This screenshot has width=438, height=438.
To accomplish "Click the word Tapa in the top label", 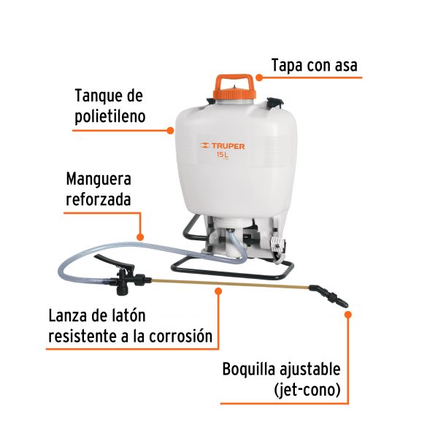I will point(286,65).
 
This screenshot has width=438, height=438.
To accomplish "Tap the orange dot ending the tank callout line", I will point(170,131).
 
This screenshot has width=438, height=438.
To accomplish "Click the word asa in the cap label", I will point(347,65).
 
